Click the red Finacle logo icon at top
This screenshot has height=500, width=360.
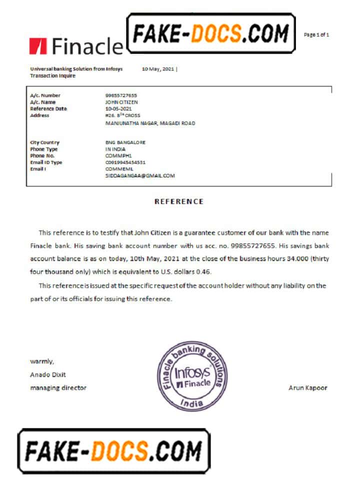[x=38, y=45]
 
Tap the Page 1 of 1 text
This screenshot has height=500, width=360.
[x=316, y=34]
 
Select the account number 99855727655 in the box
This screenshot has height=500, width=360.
[x=121, y=95]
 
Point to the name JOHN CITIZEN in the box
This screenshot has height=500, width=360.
[x=121, y=102]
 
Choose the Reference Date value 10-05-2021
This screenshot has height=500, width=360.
[x=118, y=108]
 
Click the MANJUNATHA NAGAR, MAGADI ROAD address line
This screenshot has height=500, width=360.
[x=150, y=123]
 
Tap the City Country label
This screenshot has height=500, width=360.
[x=44, y=142]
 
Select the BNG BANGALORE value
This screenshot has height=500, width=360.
[x=125, y=142]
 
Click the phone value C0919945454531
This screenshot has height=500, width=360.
[x=125, y=162]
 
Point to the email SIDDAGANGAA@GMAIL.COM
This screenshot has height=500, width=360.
[x=140, y=176]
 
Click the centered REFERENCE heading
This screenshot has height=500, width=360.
[x=178, y=201]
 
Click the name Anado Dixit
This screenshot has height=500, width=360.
[x=48, y=374]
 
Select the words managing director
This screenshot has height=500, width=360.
[x=58, y=387]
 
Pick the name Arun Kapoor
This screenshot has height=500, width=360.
[x=308, y=387]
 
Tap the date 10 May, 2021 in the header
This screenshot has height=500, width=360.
[x=158, y=69]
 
